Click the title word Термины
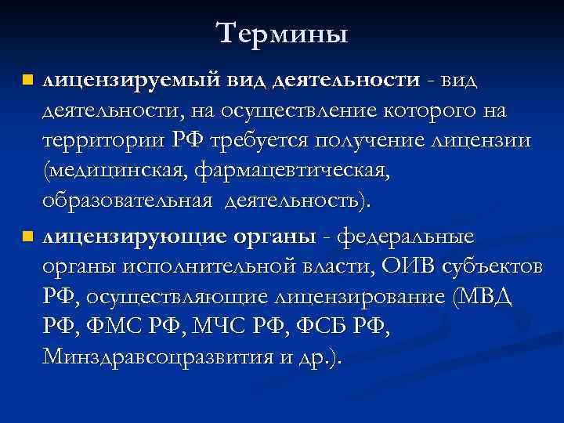282,33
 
